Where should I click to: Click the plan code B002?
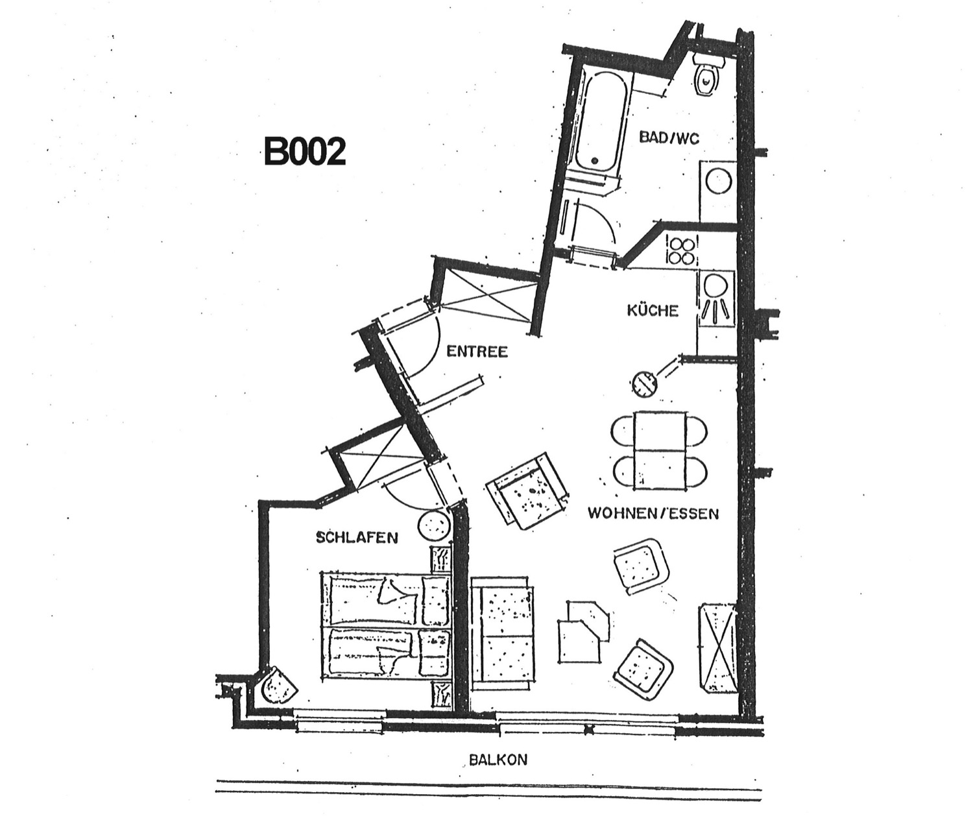305,151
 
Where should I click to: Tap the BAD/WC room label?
669,138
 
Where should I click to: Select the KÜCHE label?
653,310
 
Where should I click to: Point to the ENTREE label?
477,351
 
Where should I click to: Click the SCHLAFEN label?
357,538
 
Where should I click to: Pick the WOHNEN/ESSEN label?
653,513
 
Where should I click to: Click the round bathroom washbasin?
717,181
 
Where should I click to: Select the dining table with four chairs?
660,450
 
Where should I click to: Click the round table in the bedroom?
433,525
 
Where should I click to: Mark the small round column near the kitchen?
644,385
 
